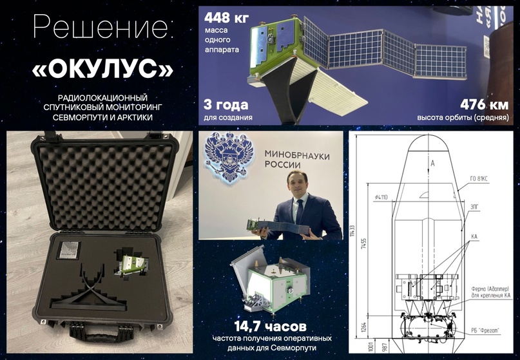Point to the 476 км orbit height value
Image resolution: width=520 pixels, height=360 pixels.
(x=485, y=104)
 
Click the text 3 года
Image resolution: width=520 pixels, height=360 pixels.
(x=226, y=105)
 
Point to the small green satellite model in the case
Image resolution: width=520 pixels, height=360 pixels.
(x=133, y=263)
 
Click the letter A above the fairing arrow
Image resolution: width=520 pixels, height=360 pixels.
(x=433, y=164)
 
